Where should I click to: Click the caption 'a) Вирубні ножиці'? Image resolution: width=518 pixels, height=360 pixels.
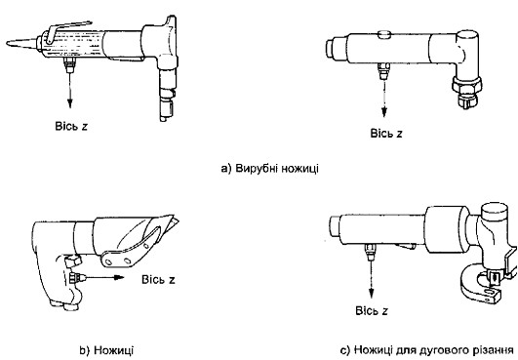point(269,169)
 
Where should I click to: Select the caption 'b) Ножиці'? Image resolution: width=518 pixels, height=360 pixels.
point(106,350)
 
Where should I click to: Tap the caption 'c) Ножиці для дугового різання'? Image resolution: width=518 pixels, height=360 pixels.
point(427,350)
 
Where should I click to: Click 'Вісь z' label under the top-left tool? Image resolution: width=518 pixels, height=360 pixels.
point(71,126)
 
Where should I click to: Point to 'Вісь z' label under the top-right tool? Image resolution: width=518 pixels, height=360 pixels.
point(386,134)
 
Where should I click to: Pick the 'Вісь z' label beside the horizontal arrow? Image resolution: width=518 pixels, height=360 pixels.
point(158,279)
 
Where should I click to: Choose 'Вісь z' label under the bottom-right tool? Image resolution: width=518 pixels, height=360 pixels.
point(372,311)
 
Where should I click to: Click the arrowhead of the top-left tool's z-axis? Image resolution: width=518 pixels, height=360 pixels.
point(69,103)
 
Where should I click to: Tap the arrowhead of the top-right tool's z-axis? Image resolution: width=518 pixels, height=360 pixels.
point(384,112)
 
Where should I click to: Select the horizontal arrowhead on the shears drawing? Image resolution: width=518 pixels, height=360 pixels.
point(119,277)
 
